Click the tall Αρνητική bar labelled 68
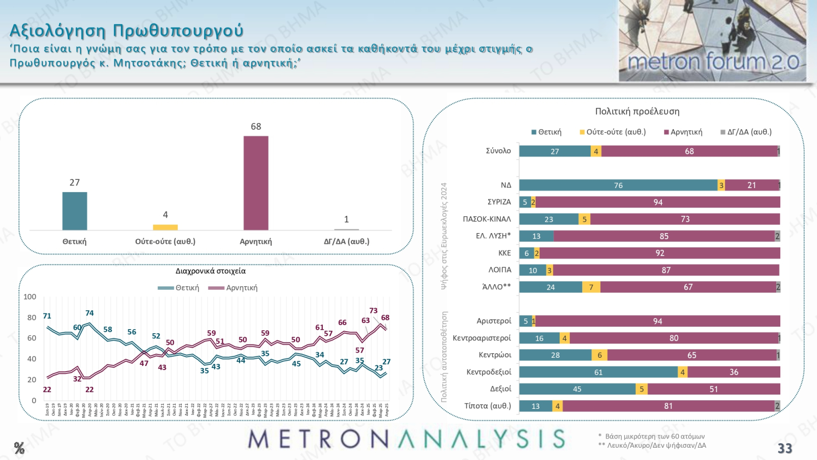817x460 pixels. click(256, 183)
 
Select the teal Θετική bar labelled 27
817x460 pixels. click(75, 211)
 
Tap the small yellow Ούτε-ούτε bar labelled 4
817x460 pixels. click(165, 227)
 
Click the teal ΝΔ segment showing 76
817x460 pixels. click(618, 185)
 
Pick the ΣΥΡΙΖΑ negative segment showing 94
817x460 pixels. click(658, 202)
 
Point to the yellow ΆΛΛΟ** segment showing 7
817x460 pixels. click(591, 287)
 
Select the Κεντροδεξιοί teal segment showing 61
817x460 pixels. click(598, 372)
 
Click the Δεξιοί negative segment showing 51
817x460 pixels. click(713, 389)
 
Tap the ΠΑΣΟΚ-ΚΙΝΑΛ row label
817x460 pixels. click(487, 219)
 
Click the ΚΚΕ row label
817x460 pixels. click(504, 253)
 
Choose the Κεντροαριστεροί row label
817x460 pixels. click(482, 338)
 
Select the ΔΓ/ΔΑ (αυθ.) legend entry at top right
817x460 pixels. click(746, 132)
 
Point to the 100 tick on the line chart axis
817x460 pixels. click(30, 296)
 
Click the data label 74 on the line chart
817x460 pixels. click(89, 313)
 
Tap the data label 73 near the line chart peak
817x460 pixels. click(373, 310)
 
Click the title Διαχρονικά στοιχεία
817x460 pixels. click(210, 271)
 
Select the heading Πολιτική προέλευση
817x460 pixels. click(637, 111)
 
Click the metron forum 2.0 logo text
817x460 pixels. click(713, 62)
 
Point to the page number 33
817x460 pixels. click(785, 448)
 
